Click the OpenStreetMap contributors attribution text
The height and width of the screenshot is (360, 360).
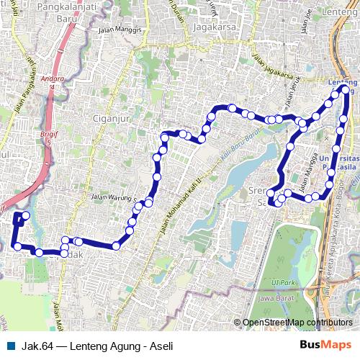[x=297, y=323]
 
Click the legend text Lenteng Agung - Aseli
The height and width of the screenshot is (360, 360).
[x=117, y=346]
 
